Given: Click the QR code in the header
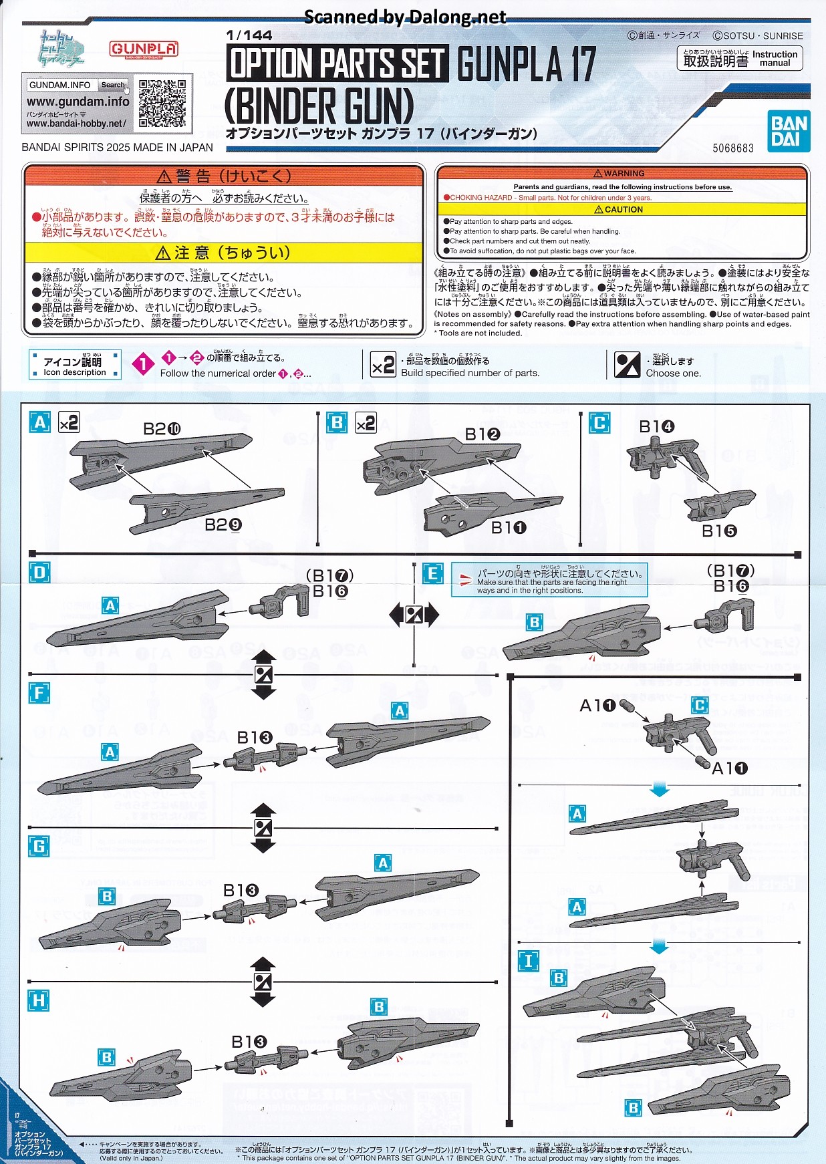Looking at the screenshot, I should [x=162, y=104].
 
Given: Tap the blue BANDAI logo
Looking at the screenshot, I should [x=789, y=131].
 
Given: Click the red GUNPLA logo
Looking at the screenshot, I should [x=144, y=49].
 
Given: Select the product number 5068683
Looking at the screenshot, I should [x=732, y=148].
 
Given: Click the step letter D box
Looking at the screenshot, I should [x=39, y=573].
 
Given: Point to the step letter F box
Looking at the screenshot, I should [x=39, y=692].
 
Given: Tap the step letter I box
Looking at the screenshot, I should [x=528, y=961].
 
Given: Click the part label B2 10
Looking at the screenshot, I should [x=162, y=428].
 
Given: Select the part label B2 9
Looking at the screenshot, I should [x=223, y=525].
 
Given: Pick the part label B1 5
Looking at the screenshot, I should [x=719, y=531].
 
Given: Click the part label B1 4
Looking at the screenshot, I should [x=656, y=426].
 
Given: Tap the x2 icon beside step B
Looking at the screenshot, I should [x=366, y=423].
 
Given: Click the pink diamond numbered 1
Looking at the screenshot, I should [x=142, y=364].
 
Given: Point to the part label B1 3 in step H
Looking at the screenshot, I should [x=249, y=1042].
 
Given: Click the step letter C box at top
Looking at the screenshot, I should [x=599, y=423].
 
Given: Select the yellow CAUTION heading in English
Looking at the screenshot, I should [x=622, y=209].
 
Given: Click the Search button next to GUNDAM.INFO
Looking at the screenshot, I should [x=113, y=85].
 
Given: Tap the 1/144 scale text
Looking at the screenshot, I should [x=249, y=35].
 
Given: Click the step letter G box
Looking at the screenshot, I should [x=39, y=847].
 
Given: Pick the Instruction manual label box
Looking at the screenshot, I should [x=739, y=59].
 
